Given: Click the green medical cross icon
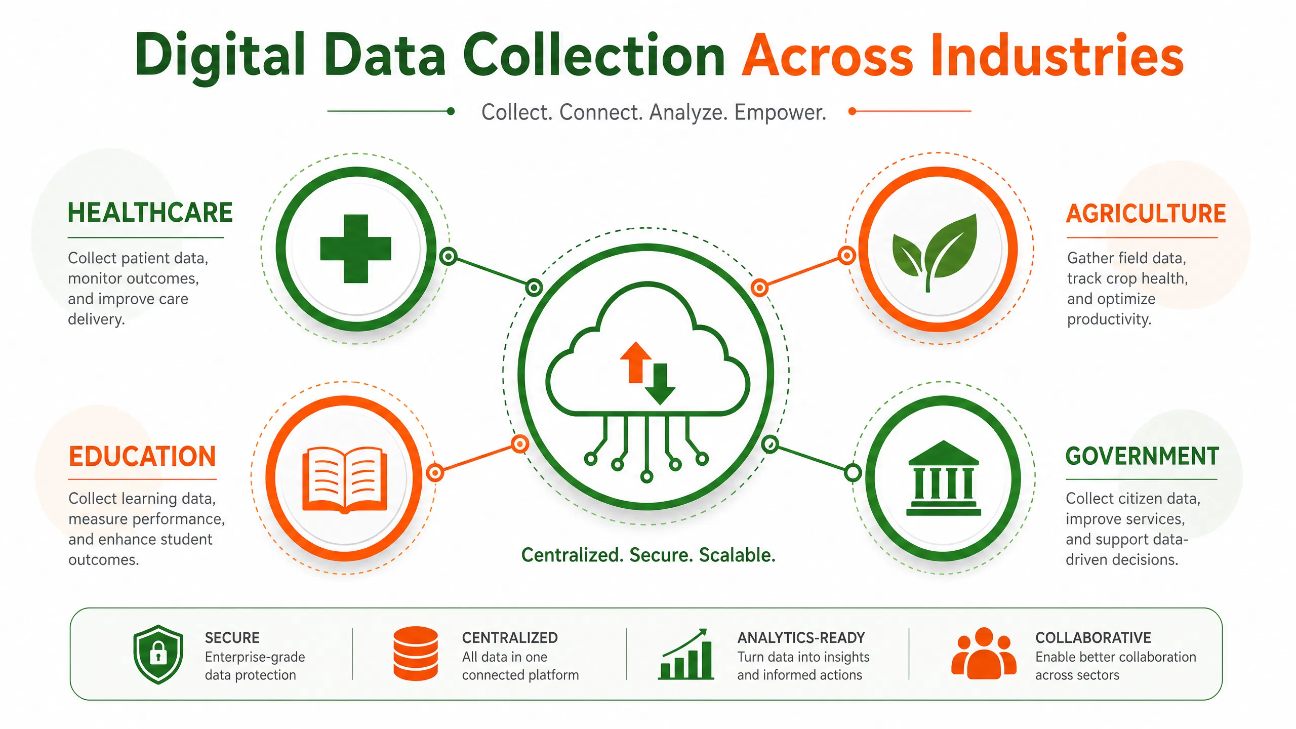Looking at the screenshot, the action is pos(355,249).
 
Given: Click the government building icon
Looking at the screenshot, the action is pos(943,478).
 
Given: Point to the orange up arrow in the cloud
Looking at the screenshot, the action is pos(636,362).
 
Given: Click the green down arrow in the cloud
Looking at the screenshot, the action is pos(660,384).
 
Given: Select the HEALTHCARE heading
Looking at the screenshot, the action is pos(150,213).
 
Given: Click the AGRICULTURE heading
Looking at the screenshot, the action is pos(1146,214).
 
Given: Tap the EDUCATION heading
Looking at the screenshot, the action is pos(142,457).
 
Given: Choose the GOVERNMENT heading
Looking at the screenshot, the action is pos(1142,456).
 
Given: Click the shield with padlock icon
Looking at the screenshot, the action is pos(158,654).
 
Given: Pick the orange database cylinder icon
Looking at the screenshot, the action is pos(416,654).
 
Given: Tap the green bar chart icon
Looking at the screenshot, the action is pos(686,654).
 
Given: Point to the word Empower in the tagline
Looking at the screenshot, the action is pos(780,112).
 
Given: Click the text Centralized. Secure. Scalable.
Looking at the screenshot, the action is pos(649,555).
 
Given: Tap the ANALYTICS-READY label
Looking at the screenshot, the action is pos(801,638).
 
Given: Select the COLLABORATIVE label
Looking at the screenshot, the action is pos(1093,638).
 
